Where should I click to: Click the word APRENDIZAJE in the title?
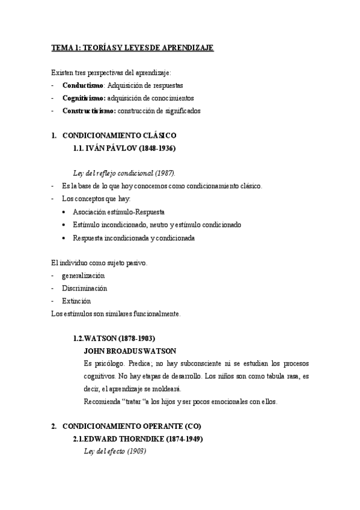click(184, 48)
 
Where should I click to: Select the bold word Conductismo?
click(83, 85)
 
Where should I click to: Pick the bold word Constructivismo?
click(88, 111)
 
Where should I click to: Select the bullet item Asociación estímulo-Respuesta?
click(119, 212)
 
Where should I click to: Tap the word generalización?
click(88, 275)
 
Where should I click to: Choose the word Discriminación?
click(84, 288)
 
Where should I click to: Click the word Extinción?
click(76, 301)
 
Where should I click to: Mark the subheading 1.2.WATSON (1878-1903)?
click(114, 339)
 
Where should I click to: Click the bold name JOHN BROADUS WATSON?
click(130, 351)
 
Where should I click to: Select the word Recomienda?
click(102, 402)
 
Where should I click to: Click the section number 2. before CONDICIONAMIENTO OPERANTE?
click(54, 427)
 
